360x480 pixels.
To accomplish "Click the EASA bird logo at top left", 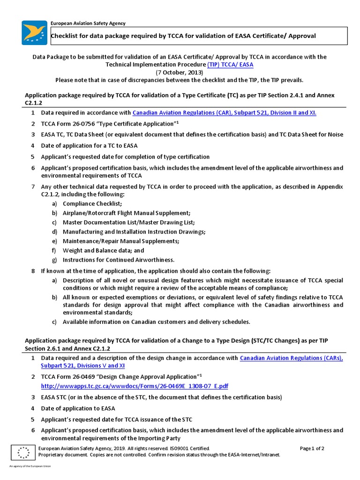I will tap(35, 32).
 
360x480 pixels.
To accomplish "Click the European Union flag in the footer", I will tap(22, 452).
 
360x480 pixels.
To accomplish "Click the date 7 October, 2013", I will tap(180, 72).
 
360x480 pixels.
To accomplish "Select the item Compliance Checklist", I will tap(92, 203).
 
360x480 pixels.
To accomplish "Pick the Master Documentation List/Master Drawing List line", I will tap(128, 222).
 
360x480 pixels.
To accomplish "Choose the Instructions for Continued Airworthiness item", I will tap(119, 260).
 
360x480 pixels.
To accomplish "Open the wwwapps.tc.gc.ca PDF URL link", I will tap(135, 386).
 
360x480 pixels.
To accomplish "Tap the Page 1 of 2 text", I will tap(312, 448).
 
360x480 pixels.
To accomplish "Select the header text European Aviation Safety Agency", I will tap(88, 23).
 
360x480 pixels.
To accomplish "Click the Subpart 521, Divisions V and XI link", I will tap(82, 365).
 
